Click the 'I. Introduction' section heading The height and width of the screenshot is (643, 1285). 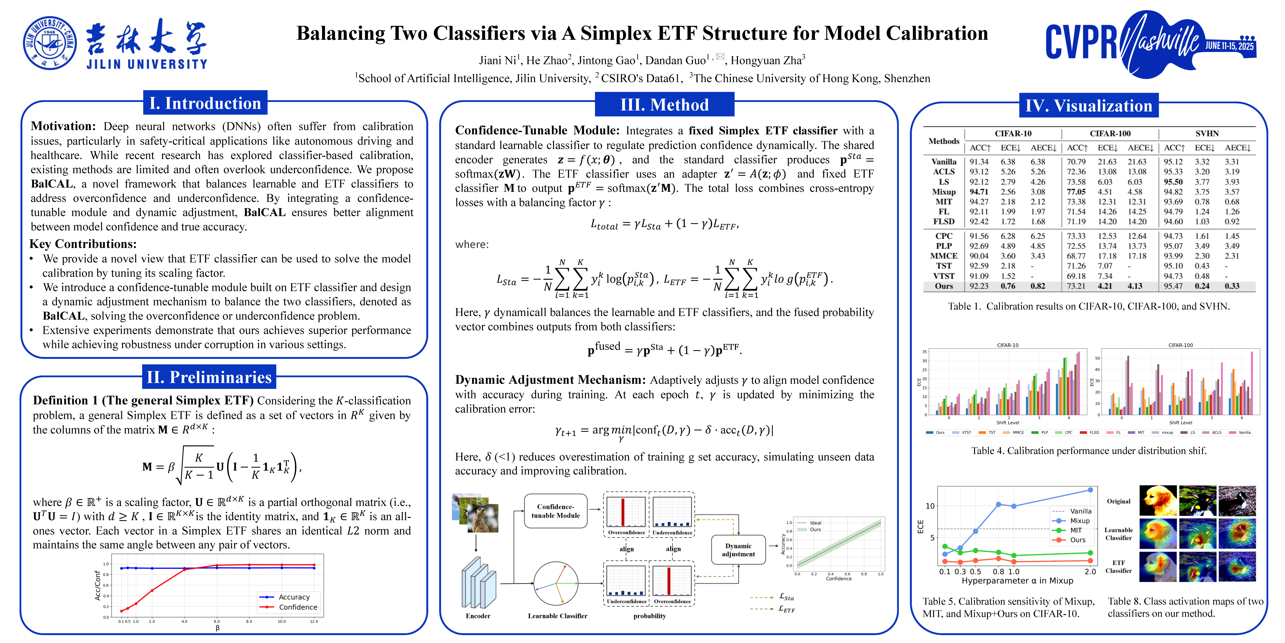[x=205, y=103]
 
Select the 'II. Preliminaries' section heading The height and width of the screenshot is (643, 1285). [x=209, y=377]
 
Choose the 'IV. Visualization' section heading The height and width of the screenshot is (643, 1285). [x=1088, y=106]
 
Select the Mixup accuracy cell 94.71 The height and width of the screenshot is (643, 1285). [x=979, y=192]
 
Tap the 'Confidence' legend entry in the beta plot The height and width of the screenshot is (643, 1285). [x=298, y=607]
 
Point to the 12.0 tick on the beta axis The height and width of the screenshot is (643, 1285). [x=314, y=622]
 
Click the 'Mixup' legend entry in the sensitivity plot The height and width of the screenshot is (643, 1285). [x=1080, y=521]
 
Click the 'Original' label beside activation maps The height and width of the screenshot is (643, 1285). [x=1119, y=501]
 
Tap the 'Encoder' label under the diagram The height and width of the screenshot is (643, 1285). [x=478, y=616]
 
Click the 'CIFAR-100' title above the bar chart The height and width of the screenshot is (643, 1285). [x=1180, y=345]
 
